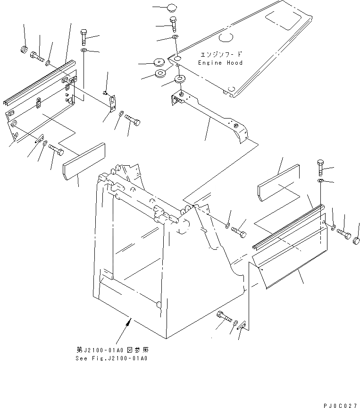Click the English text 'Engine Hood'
pos(220,63)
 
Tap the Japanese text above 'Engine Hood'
pos(220,55)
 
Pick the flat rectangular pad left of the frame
pos(85,161)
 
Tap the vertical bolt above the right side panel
pos(321,167)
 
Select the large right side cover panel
pos(290,255)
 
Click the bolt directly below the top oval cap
pos(173,23)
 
